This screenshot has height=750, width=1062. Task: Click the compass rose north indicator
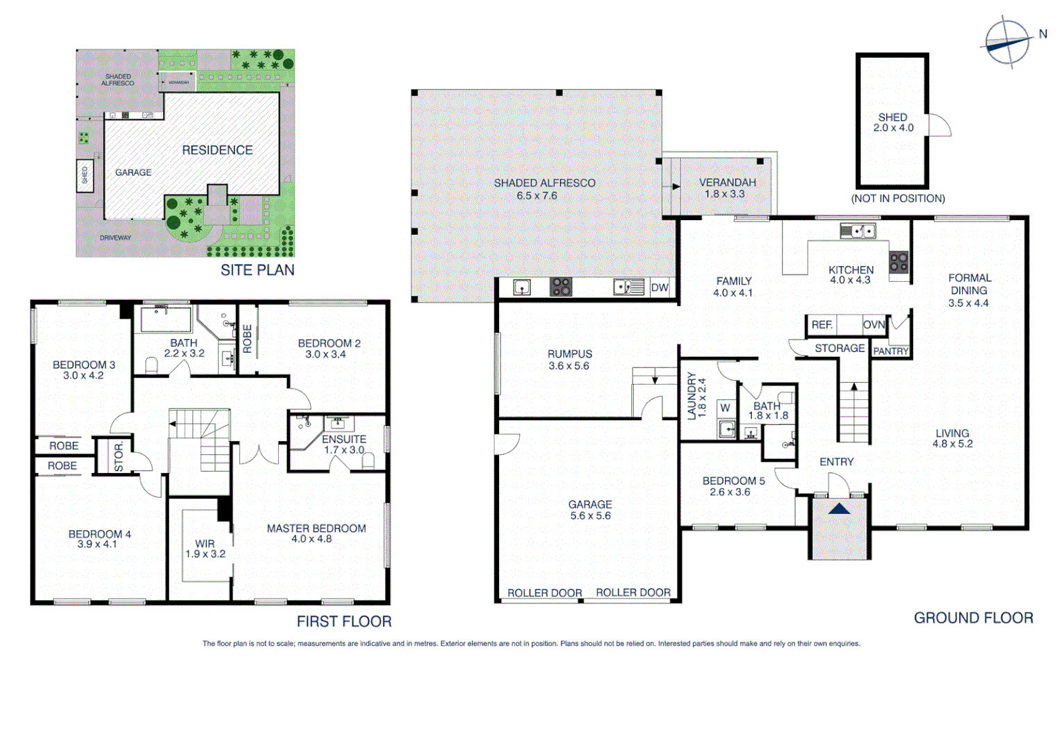pyautogui.click(x=1008, y=42)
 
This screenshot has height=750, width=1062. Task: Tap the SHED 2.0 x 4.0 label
pyautogui.click(x=893, y=123)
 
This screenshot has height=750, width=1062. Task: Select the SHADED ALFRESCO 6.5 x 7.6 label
pyautogui.click(x=544, y=189)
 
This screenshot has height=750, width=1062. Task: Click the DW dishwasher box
pyautogui.click(x=659, y=287)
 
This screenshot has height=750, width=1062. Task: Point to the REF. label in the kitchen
pyautogui.click(x=822, y=325)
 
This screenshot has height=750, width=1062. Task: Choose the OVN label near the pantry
pyautogui.click(x=874, y=325)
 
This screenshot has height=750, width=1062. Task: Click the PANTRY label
pyautogui.click(x=890, y=351)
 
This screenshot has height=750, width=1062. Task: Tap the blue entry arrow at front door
pyautogui.click(x=839, y=509)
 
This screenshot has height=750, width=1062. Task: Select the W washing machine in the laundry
pyautogui.click(x=725, y=408)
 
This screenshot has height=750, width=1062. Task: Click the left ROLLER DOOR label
pyautogui.click(x=544, y=593)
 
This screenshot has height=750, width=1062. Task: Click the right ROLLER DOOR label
pyautogui.click(x=632, y=592)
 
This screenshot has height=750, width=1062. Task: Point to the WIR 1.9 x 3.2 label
pyautogui.click(x=205, y=549)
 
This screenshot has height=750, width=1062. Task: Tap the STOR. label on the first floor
pyautogui.click(x=119, y=456)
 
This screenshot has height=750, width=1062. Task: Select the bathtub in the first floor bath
pyautogui.click(x=166, y=319)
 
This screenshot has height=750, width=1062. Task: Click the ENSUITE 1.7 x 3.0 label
pyautogui.click(x=343, y=444)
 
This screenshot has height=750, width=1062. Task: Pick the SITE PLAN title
pyautogui.click(x=257, y=270)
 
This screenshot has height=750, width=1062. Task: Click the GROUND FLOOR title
pyautogui.click(x=972, y=618)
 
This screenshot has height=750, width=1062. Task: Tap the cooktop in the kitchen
pyautogui.click(x=899, y=262)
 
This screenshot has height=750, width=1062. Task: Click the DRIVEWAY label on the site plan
pyautogui.click(x=115, y=237)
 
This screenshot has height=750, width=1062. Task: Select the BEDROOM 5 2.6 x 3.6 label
pyautogui.click(x=733, y=486)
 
